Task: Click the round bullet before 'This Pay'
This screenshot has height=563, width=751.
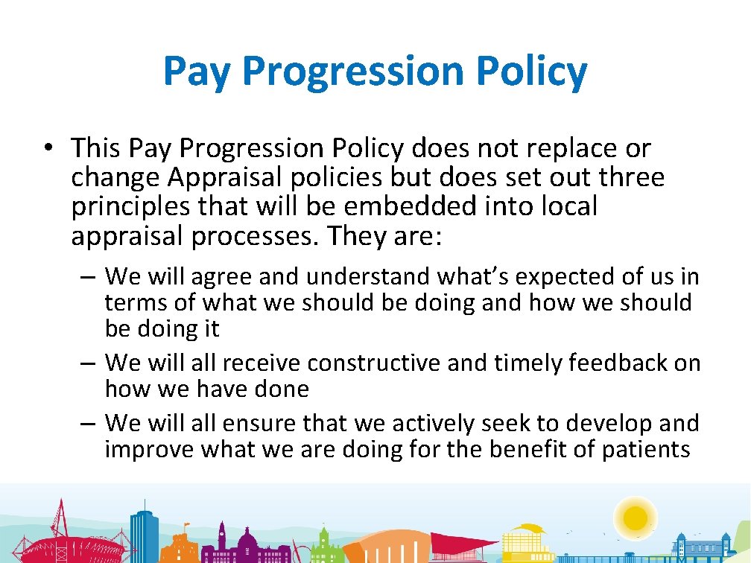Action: coord(47,149)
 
